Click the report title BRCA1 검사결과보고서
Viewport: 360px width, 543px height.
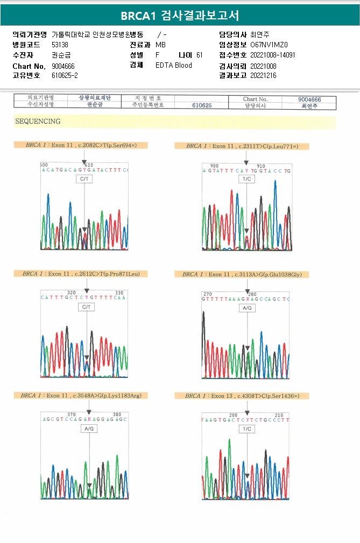click(x=180, y=15)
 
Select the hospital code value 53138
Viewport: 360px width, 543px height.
click(x=60, y=45)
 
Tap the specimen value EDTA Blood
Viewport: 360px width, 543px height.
click(x=173, y=66)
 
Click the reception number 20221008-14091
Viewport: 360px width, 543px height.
click(x=272, y=55)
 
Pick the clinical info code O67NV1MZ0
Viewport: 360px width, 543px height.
click(x=269, y=45)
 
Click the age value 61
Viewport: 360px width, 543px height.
click(x=199, y=55)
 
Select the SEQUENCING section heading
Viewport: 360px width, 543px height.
click(x=38, y=122)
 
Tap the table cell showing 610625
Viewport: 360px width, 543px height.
click(x=202, y=106)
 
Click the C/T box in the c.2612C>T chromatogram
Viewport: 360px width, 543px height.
click(x=86, y=307)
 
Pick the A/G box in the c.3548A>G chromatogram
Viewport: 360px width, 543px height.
click(x=89, y=428)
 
